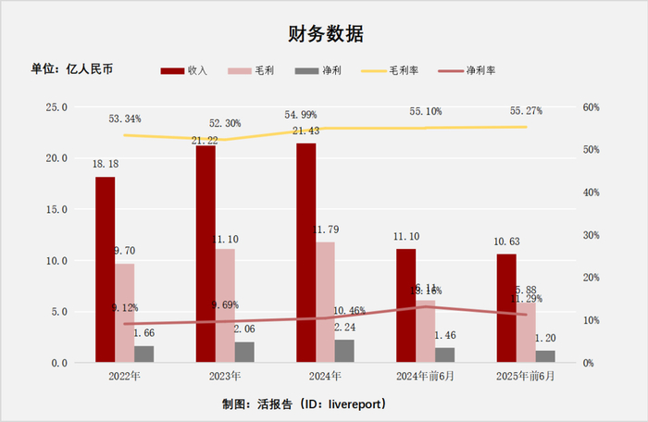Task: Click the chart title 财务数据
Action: pos(325,34)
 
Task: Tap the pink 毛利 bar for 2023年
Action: pos(225,305)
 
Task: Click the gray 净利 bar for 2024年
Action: pos(344,351)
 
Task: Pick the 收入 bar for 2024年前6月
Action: pos(405,305)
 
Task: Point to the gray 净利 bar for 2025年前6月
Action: pos(545,356)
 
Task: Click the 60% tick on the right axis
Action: pos(592,107)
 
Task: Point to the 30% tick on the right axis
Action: pos(592,235)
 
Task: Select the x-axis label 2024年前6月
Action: pos(425,377)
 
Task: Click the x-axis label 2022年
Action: pos(124,377)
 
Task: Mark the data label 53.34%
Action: pos(125,119)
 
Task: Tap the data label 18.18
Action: pos(104,164)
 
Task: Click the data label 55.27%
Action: pos(526,111)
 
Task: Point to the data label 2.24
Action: pos(343,327)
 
